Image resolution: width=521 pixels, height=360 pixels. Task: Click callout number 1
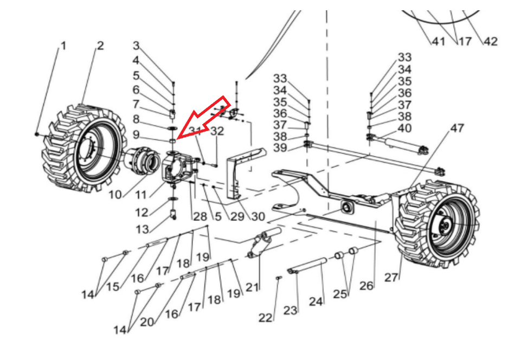pos(63,46)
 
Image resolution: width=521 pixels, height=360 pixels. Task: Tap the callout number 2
pos(100,46)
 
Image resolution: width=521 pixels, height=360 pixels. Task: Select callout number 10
pos(115,194)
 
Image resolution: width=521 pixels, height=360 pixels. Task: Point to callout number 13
pos(142,230)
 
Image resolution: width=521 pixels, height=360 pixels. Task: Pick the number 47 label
pos(457,129)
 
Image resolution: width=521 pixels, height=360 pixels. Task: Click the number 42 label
pos(490,42)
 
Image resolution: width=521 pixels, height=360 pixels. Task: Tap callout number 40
pos(404,128)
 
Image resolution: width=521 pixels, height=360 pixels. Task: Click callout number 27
pos(391,277)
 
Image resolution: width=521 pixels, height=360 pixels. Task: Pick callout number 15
pos(112,287)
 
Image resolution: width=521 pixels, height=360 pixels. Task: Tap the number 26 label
pos(366,285)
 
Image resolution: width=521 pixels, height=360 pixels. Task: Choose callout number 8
pos(136,118)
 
